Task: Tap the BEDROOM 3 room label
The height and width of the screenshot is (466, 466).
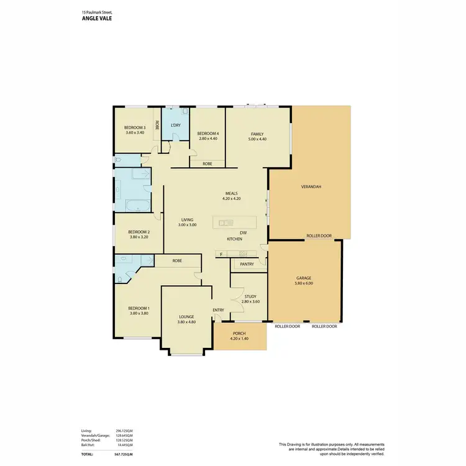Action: (135, 128)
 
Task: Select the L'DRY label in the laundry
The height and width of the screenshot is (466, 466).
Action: (176, 126)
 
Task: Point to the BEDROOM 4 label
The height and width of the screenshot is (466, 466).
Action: (208, 134)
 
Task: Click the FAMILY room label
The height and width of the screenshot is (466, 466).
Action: (257, 134)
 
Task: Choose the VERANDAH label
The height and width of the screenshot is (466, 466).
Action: (311, 186)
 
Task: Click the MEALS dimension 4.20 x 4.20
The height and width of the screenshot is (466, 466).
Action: (231, 199)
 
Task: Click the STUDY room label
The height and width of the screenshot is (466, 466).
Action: (250, 296)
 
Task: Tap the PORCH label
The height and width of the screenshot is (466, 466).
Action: (239, 333)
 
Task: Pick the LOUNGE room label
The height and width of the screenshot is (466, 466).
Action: (186, 317)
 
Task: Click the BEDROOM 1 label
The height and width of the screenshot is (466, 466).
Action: (139, 308)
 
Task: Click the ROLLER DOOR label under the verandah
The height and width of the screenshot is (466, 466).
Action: (319, 236)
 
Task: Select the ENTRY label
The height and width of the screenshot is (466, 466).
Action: (219, 310)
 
